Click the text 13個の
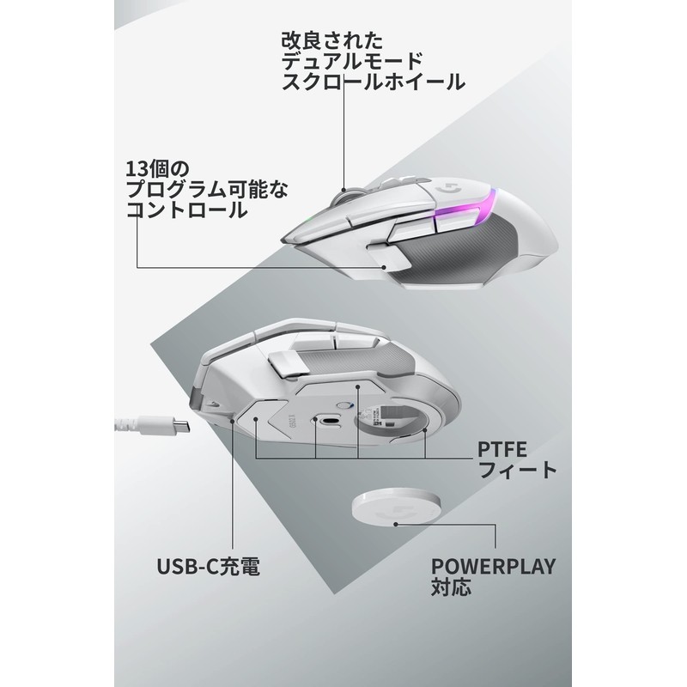pyautogui.click(x=161, y=166)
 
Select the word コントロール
pyautogui.click(x=185, y=210)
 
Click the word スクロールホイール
pyautogui.click(x=373, y=82)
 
